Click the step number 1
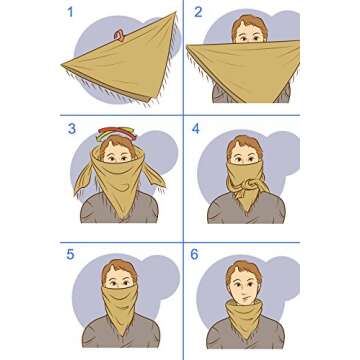[71, 13]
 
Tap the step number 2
[198, 13]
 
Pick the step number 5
[71, 254]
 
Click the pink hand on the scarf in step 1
[120, 38]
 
